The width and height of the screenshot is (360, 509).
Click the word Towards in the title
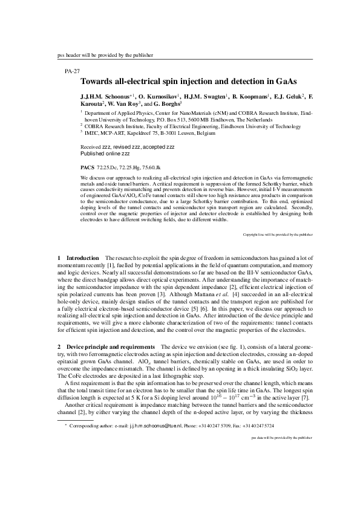[99, 80]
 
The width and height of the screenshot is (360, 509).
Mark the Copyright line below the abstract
[278, 234]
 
